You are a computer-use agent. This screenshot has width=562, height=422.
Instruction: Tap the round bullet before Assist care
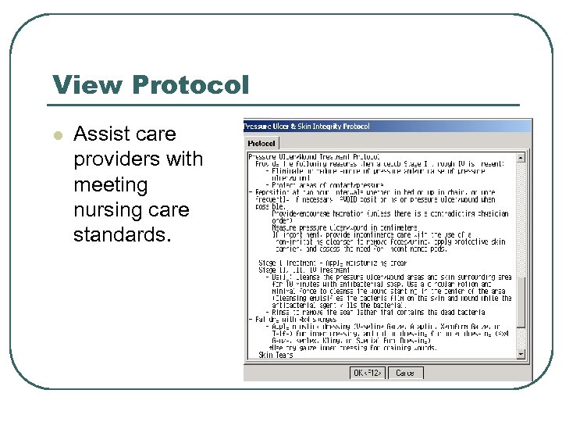point(56,135)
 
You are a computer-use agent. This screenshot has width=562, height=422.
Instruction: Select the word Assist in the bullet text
point(98,134)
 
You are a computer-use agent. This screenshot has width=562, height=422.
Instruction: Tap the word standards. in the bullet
point(120,235)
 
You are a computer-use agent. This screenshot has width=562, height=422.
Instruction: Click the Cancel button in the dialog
point(405,373)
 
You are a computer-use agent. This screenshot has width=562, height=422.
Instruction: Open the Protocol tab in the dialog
point(261,143)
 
